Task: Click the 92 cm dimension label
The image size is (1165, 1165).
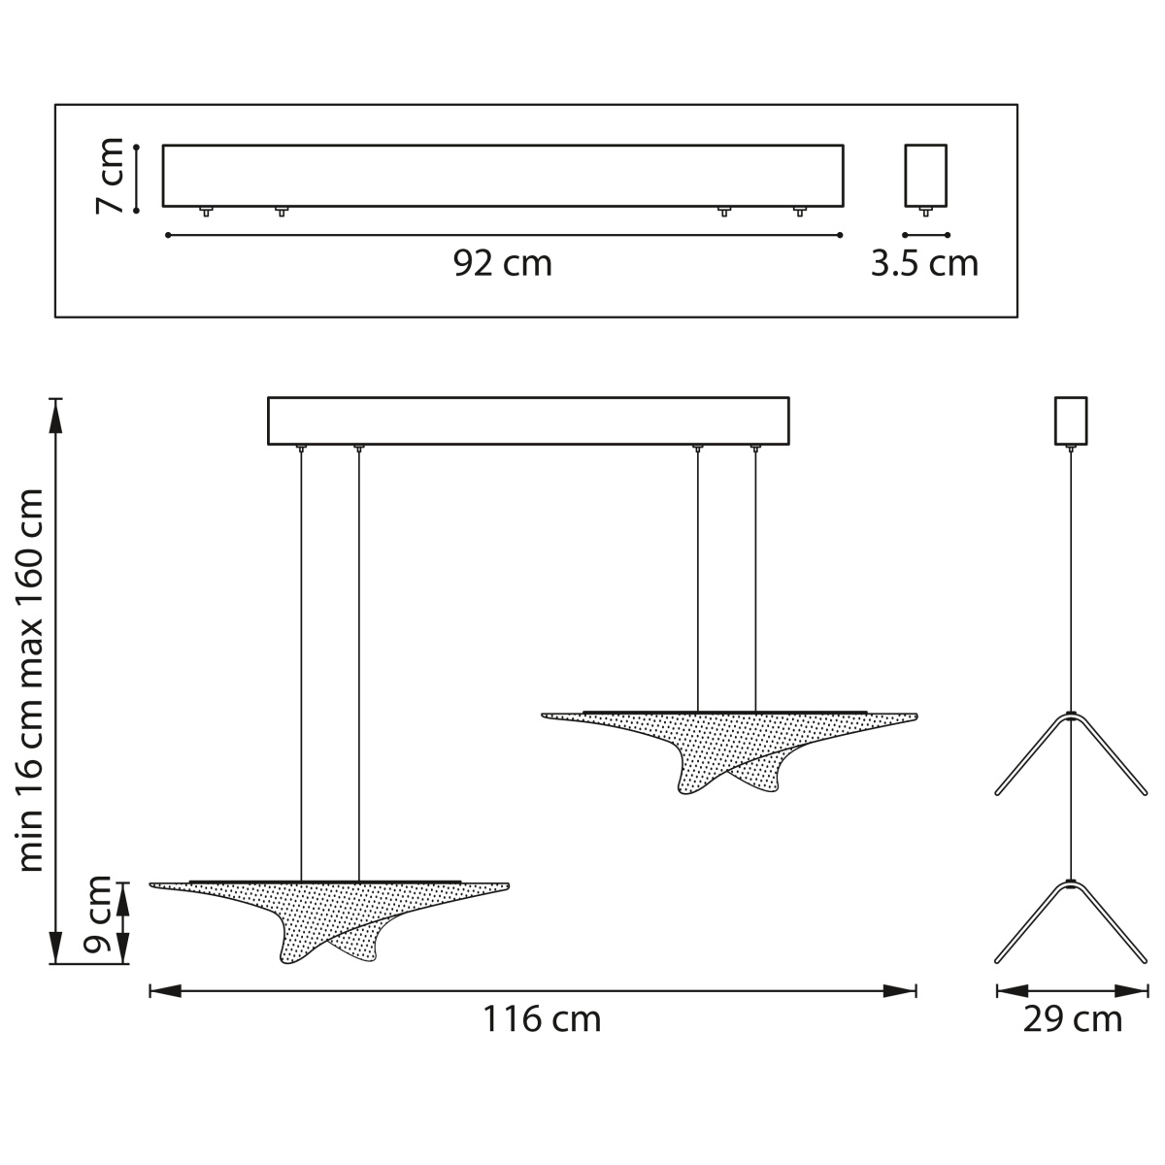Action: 502,264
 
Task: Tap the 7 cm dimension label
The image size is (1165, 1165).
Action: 110,176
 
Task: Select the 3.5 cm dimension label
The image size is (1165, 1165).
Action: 924,264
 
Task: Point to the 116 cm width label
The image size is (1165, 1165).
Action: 541,1019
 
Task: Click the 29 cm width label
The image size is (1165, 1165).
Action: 1072,1019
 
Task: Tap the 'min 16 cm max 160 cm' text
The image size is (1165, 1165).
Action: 30,681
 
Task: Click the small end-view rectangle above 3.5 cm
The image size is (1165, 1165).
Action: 925,176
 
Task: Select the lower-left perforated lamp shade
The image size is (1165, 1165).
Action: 329,919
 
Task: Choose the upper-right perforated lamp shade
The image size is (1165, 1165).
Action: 729,750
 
